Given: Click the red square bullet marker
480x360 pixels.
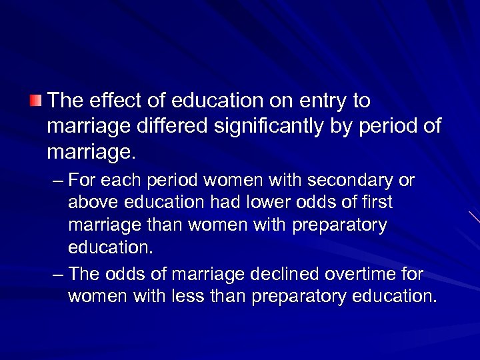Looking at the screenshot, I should coord(35,101).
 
